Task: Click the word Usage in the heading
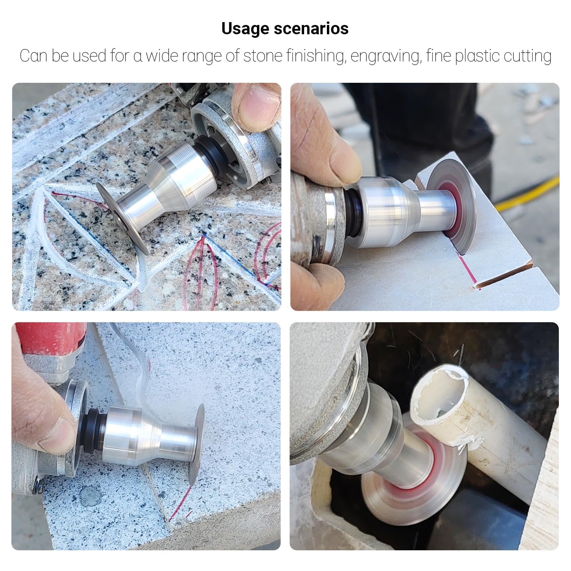pyautogui.click(x=245, y=29)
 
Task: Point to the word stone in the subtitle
pyautogui.click(x=261, y=56)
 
